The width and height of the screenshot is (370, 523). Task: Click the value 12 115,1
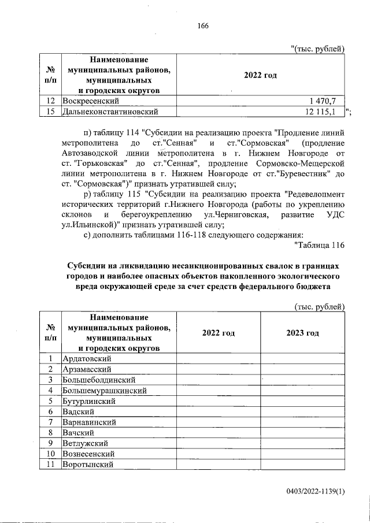click(324, 111)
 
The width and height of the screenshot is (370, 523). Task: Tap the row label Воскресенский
click(91, 101)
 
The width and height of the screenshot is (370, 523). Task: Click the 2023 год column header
click(302, 333)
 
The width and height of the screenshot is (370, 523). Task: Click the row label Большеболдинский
click(99, 380)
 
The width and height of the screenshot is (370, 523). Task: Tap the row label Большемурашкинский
click(104, 390)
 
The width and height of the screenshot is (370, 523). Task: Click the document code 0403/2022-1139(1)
click(314, 491)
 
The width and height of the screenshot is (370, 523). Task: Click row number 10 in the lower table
click(51, 454)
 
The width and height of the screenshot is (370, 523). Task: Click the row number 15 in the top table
click(51, 111)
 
